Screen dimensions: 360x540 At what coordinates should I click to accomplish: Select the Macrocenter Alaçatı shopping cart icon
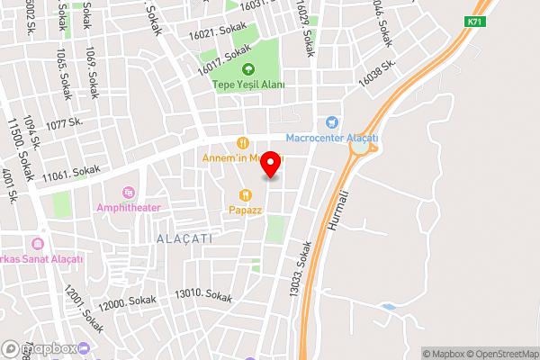coord(332,121)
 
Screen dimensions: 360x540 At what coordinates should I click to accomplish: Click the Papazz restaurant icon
coord(244,194)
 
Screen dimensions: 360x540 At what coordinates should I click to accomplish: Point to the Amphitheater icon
coord(128,193)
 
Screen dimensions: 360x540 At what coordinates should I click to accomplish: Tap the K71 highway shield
coord(475,22)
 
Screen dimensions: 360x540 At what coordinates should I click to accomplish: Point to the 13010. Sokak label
coord(203,294)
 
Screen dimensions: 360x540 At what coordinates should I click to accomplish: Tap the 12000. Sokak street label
coord(128,303)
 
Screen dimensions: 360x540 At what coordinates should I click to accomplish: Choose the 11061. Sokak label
coord(70,169)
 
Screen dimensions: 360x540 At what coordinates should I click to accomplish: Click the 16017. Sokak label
coord(225,61)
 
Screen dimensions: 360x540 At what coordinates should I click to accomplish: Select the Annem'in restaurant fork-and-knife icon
coord(242,143)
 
